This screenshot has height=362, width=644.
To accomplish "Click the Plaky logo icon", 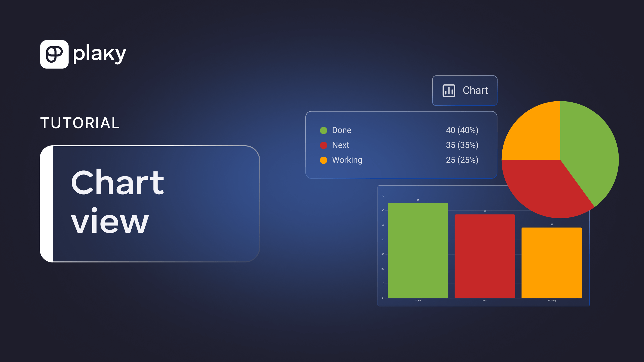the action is tap(54, 54).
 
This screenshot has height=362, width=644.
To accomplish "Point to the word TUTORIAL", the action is tap(80, 123).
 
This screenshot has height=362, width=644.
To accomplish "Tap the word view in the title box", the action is tap(110, 221).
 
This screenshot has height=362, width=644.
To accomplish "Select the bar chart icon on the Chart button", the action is tap(449, 90).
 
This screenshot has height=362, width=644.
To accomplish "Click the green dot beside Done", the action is tap(324, 130).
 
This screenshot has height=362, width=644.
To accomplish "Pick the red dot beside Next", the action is tap(324, 145).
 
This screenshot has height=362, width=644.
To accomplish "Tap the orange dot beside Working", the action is tap(324, 160).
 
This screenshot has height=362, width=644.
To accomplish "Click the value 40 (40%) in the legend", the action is tap(462, 130).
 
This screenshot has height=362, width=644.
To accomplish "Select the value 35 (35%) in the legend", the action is tap(462, 145).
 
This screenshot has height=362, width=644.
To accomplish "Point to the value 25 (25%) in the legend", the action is tap(462, 160).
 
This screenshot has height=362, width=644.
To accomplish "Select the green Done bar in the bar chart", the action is tap(418, 250).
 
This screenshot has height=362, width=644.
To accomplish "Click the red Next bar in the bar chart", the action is tap(485, 256).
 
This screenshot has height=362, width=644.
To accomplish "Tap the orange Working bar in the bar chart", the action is tap(552, 263).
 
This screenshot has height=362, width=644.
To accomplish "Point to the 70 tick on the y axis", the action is tap(383, 196).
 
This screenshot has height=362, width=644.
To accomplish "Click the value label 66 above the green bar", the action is tap(418, 200).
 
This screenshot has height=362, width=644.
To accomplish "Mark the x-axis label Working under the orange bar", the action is tap(552, 301).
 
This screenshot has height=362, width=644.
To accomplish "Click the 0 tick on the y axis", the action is tap(382, 298).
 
